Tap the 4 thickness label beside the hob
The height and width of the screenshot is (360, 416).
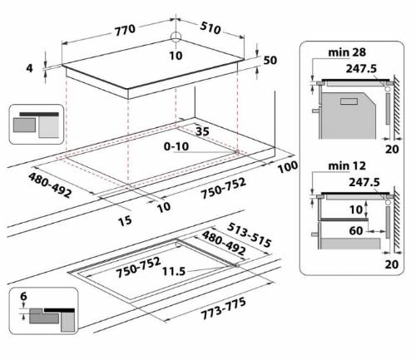(30, 69)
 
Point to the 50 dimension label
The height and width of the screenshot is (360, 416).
(270, 61)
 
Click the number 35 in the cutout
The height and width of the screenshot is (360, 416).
(202, 131)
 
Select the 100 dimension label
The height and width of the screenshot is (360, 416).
(288, 168)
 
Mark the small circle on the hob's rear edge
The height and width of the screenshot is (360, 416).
(177, 37)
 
